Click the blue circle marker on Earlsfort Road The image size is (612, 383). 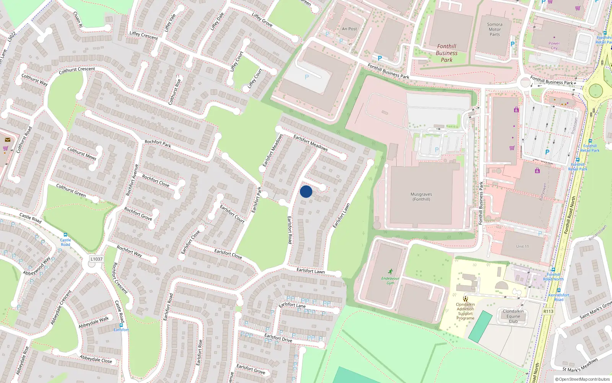[x=306, y=191]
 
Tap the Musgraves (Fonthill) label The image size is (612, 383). [x=421, y=197]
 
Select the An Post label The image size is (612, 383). [x=349, y=29]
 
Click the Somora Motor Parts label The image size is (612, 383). [x=495, y=29]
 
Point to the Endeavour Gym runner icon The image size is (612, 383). [x=390, y=272]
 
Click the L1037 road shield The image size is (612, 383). [x=96, y=259]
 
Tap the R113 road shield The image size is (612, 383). [x=548, y=311]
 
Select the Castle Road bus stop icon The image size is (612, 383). [x=65, y=235]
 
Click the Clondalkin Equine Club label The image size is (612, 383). [x=513, y=316]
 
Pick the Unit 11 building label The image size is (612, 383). [x=522, y=246]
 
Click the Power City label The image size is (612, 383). [x=554, y=46]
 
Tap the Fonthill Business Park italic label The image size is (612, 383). [x=446, y=53]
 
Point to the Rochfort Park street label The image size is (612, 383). [x=158, y=144]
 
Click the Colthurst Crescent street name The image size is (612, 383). [x=77, y=70]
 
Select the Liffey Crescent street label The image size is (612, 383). [x=143, y=35]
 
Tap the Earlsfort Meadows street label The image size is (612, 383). [x=310, y=142]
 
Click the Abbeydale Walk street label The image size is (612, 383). [x=94, y=322]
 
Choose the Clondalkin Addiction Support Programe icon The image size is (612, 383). [x=465, y=298]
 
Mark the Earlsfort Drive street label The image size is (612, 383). [x=278, y=337]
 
